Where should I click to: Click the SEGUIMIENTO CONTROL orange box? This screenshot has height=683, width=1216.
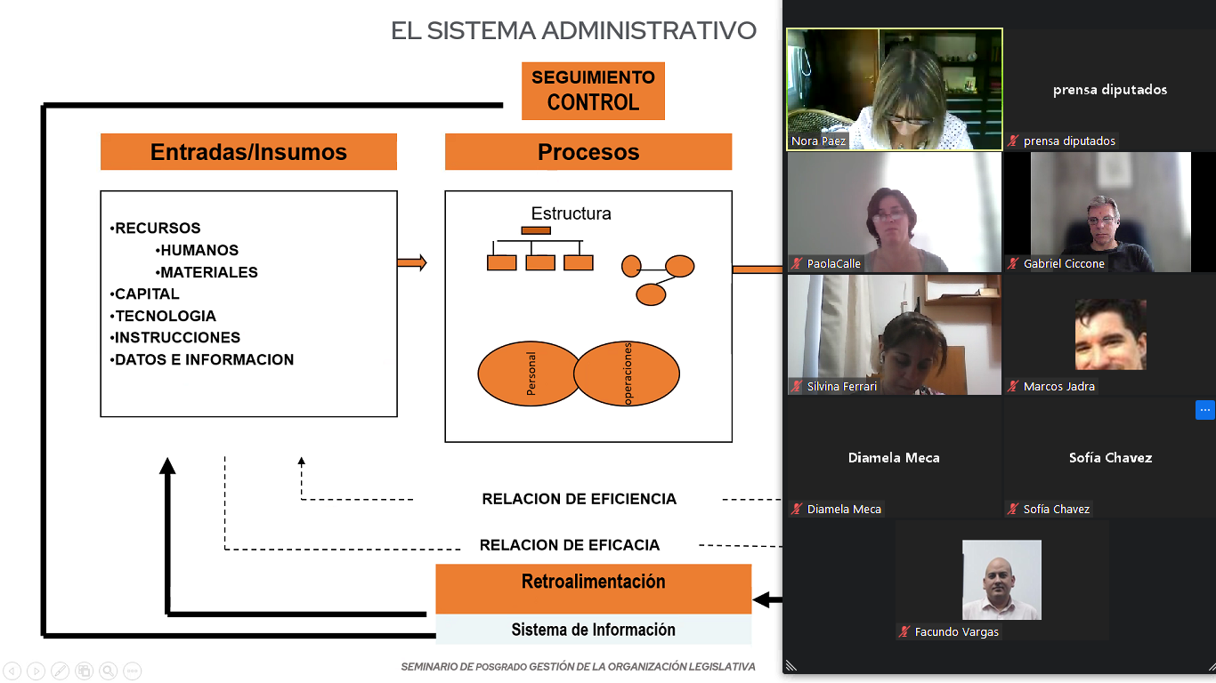click(x=593, y=91)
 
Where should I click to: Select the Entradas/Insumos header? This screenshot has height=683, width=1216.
click(x=248, y=152)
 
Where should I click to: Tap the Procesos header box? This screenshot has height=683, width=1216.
click(x=588, y=152)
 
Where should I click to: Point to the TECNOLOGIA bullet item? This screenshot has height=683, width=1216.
click(x=163, y=316)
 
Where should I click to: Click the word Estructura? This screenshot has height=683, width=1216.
click(x=571, y=213)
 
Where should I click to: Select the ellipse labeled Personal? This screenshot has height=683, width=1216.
click(x=529, y=374)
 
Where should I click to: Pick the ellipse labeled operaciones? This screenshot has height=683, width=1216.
click(x=627, y=374)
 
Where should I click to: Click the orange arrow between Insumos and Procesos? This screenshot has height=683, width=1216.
click(x=412, y=263)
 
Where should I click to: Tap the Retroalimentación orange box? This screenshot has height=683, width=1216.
click(x=594, y=589)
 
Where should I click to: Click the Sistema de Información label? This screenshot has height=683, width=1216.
click(x=594, y=630)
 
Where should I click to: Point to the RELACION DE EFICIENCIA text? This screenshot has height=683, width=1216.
click(x=580, y=499)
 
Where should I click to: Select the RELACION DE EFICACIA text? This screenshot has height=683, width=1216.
click(x=570, y=544)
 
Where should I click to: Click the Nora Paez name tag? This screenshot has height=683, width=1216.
click(x=818, y=141)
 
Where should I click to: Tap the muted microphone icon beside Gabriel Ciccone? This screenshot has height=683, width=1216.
click(x=1013, y=263)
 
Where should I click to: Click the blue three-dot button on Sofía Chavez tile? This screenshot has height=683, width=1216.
click(x=1204, y=410)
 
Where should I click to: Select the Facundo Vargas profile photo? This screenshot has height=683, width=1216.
click(x=1001, y=579)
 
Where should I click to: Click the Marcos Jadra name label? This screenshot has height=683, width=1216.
click(x=1058, y=386)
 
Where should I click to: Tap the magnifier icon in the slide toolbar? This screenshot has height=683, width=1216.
click(x=108, y=671)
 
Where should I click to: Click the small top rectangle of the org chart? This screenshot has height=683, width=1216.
click(x=536, y=230)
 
